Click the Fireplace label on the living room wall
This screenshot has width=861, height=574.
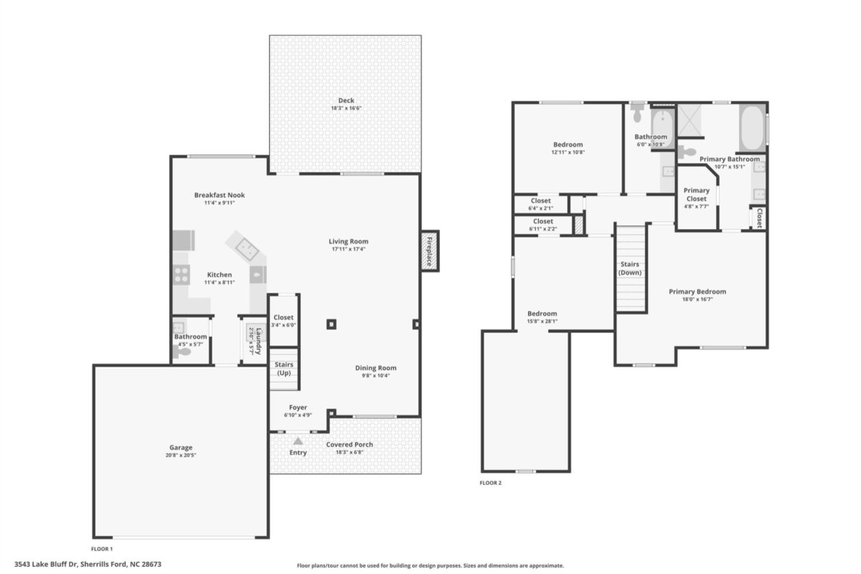429,251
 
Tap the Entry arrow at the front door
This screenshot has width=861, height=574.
298,441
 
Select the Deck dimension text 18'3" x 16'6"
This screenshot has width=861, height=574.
346,108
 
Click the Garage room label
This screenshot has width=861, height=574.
181,448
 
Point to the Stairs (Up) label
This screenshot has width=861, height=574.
283,369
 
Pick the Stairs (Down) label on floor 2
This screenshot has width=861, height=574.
630,268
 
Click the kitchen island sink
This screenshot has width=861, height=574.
247,249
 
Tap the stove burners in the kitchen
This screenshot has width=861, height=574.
181,275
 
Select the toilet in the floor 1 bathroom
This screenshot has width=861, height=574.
182,352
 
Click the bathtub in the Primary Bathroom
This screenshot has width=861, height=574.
752,128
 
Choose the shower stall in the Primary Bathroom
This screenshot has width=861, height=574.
689,121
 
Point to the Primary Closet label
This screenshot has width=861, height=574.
696,194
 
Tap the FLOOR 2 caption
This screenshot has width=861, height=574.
491,483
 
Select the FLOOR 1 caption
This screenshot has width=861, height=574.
102,549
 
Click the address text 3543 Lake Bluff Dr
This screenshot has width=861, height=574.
47,565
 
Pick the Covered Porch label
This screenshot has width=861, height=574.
349,444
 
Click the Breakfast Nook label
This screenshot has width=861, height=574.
220,195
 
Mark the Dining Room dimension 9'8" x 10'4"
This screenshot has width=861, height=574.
375,376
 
